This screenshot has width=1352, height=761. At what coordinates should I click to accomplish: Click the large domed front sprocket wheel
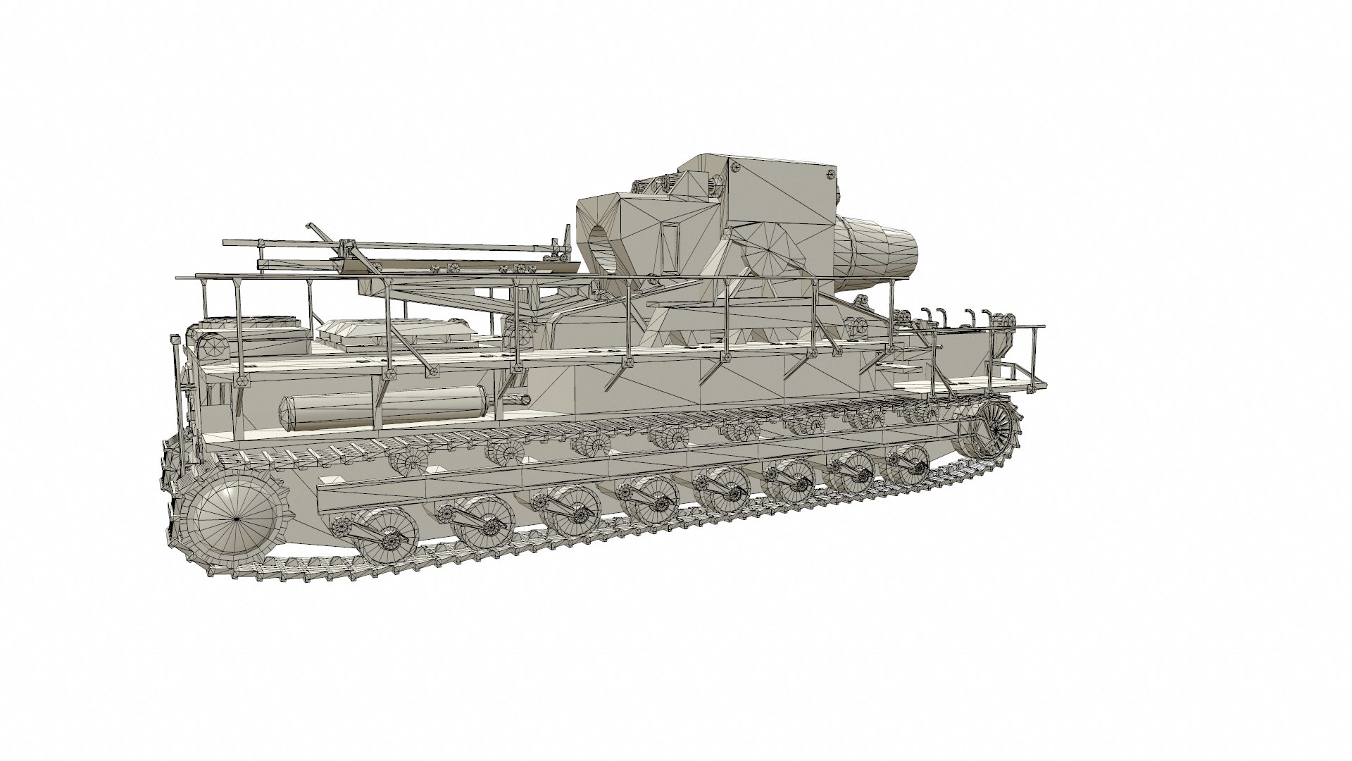coord(236,516)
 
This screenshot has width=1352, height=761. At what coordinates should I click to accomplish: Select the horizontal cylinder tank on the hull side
coord(384,410)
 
